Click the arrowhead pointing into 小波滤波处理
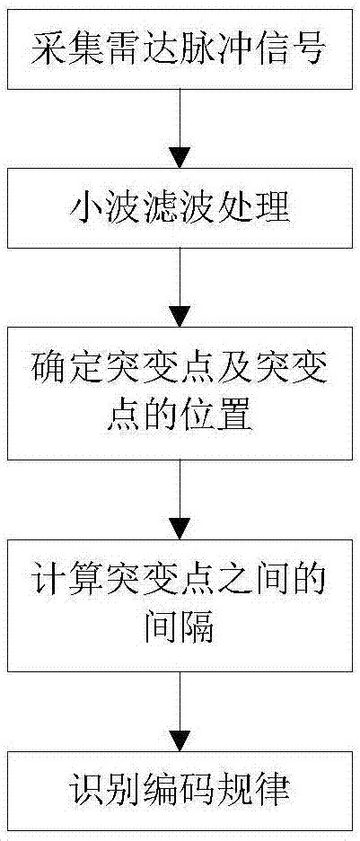click(x=180, y=158)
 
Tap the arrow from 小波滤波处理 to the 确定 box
click(x=180, y=287)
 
